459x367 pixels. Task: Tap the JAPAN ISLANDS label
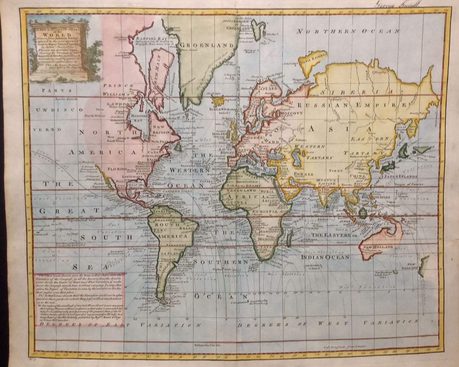(x=400, y=177)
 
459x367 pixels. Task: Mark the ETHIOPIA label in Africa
(x=267, y=212)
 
